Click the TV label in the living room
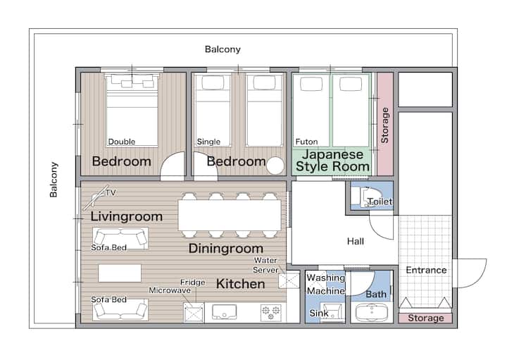point(111,193)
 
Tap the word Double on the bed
point(122,142)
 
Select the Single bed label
point(208,142)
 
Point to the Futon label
point(306,142)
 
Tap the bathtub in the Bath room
point(372,312)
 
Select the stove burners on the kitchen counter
point(271,313)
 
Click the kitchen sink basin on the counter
point(224,312)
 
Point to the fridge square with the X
point(194,313)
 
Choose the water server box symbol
point(289,280)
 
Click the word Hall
point(356,242)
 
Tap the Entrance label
point(426,270)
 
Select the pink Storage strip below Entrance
point(425,318)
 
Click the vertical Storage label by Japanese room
point(384,125)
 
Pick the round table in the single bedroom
point(275,166)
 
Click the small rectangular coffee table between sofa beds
point(120,273)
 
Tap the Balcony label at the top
point(223,49)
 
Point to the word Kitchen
point(241,284)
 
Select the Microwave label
point(170,290)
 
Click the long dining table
point(230,215)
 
